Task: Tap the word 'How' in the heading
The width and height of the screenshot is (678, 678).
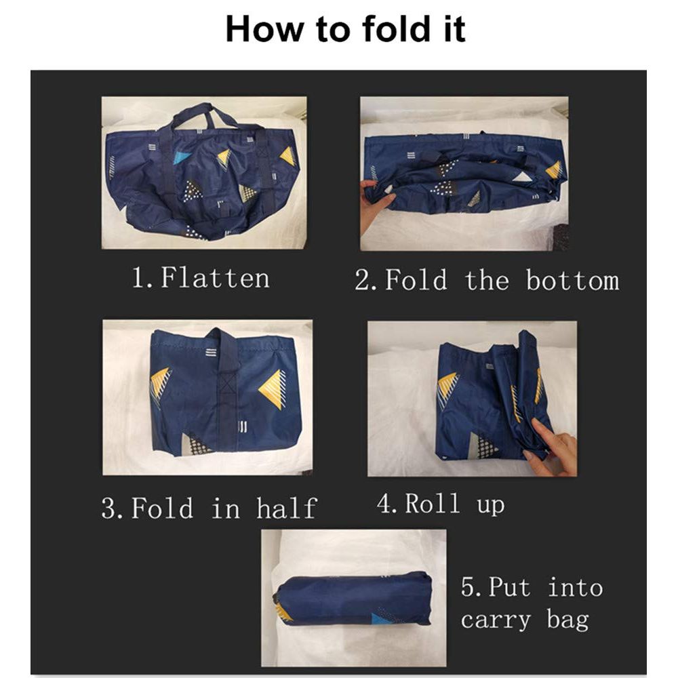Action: [264, 28]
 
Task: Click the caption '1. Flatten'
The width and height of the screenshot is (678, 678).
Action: [201, 277]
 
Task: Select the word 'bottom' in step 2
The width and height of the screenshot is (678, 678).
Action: [572, 280]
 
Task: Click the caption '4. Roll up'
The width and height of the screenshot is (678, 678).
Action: [441, 503]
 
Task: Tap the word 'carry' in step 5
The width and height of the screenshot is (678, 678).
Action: [496, 619]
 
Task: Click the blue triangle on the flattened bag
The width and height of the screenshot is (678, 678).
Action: [182, 157]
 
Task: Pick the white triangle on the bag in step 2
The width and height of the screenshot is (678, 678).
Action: [522, 176]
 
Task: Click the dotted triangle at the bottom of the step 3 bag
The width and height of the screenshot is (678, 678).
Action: [197, 444]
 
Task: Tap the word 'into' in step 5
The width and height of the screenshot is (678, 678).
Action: [575, 588]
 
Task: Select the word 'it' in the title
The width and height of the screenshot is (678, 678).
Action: [454, 28]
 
